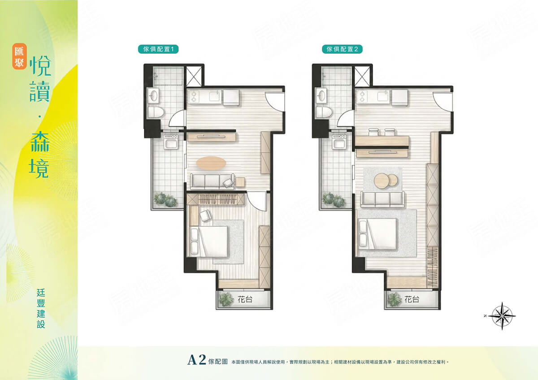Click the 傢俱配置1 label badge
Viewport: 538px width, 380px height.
(158, 49)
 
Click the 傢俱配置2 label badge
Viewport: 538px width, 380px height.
(342, 49)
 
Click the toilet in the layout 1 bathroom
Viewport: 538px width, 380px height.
(156, 112)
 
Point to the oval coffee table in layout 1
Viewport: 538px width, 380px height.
(211, 163)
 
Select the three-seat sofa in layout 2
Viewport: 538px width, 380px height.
(382, 199)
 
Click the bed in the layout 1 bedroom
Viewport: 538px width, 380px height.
(208, 241)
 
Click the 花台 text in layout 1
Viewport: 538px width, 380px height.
(245, 300)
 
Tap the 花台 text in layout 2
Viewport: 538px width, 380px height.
(412, 300)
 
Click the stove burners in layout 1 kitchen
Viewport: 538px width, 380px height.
(193, 96)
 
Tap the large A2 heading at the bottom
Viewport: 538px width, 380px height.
(196, 360)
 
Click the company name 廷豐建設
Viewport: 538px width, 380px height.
(41, 308)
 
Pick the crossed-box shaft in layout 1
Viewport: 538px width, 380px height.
(194, 76)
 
